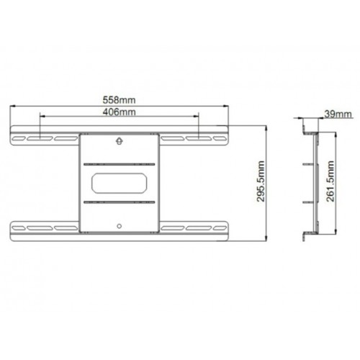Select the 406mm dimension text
click(x=120, y=113)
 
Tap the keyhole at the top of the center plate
click(x=120, y=143)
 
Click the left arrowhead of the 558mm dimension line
click(x=12, y=107)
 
